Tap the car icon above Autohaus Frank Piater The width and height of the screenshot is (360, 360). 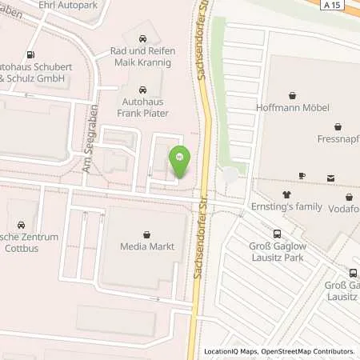point(142,90)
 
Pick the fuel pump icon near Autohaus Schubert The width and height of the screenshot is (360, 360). point(30,55)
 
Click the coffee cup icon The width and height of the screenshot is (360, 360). point(302,176)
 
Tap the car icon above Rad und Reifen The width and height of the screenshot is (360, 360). point(142,38)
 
